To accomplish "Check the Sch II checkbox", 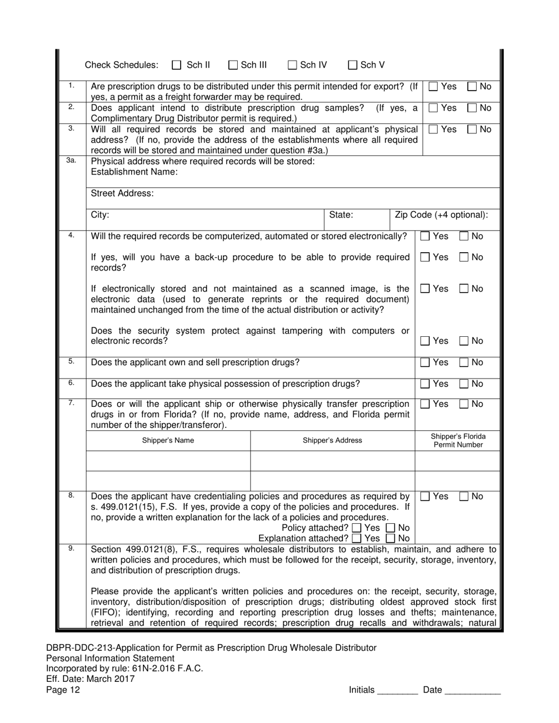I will point(177,65).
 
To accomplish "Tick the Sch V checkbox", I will point(353,65).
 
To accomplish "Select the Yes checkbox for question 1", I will point(433,87).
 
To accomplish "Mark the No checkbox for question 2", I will point(473,108).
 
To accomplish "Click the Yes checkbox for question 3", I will point(433,129).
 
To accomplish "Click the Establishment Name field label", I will point(134,172).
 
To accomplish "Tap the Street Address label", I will point(122,193).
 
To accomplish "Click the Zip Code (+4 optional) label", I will point(441,215).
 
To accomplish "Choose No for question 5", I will point(464,363).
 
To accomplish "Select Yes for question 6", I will point(425,384).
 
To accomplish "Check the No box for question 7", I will point(464,404).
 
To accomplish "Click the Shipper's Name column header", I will point(168,440).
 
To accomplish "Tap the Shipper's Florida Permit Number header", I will point(458,440).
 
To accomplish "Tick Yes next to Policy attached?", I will point(357,528).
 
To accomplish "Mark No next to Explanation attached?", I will point(390,538).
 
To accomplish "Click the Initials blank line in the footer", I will point(397,691).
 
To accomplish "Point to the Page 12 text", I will point(63,690).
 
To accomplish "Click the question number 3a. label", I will point(71,160).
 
